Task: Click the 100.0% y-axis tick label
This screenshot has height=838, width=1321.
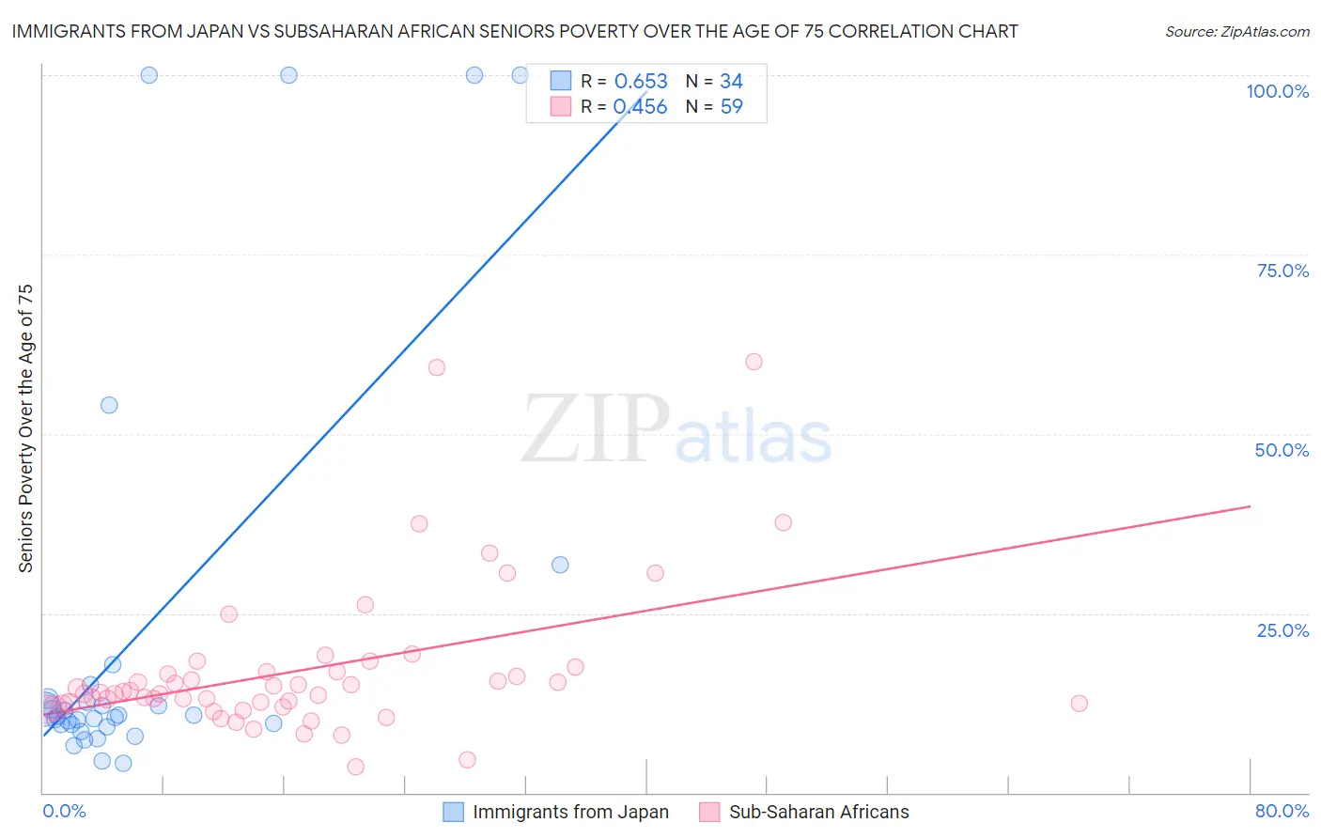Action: (1277, 91)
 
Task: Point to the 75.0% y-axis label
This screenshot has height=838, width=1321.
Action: (1282, 271)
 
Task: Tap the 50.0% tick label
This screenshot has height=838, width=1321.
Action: (1282, 450)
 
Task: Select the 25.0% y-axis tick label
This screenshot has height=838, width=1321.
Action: (1282, 629)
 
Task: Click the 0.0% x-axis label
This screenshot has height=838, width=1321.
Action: (64, 811)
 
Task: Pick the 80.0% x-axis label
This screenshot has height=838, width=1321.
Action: (1282, 811)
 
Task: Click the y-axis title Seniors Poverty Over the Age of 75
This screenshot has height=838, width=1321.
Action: (25, 428)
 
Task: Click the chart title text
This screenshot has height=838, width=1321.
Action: (514, 32)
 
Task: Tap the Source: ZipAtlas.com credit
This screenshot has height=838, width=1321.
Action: (1236, 32)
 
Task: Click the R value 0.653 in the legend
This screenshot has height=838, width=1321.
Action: (641, 82)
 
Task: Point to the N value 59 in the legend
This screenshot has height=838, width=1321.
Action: (731, 106)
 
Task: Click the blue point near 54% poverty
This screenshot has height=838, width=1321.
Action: (109, 405)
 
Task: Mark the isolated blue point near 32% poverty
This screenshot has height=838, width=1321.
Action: (560, 565)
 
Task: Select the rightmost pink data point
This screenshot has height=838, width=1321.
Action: (1079, 704)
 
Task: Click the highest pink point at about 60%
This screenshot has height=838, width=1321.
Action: (754, 362)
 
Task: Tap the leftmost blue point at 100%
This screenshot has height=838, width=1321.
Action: (148, 75)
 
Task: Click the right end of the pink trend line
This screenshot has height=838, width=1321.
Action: (1250, 506)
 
